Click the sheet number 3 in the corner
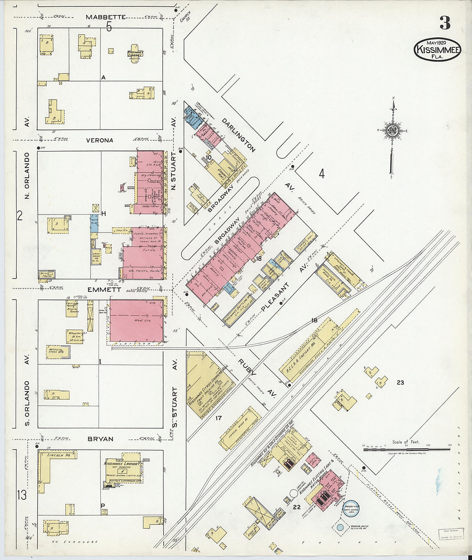(445, 23)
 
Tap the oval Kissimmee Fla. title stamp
(437, 49)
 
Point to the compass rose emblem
(392, 131)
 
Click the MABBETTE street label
(106, 17)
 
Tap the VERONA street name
(100, 140)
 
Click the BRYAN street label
(100, 439)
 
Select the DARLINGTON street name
(239, 135)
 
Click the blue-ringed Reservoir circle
(353, 507)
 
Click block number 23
(400, 382)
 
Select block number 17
(218, 418)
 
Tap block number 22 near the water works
(296, 507)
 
